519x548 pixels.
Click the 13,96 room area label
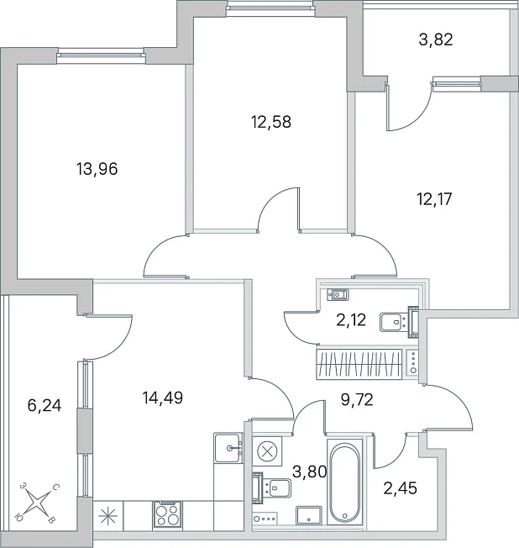[x=97, y=169]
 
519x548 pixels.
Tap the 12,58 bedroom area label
[x=271, y=123]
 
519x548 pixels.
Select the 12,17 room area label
[x=434, y=199]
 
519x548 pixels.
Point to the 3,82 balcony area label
[x=436, y=40]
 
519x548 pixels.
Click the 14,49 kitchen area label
[x=163, y=398]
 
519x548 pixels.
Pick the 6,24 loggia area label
[x=45, y=406]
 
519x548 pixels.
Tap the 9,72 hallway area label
[x=357, y=399]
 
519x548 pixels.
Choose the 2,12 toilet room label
[x=351, y=319]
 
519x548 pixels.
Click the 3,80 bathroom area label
[x=309, y=472]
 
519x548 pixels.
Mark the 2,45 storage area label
[x=401, y=488]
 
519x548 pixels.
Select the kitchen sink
[x=228, y=448]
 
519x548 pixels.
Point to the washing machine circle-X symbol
[x=267, y=451]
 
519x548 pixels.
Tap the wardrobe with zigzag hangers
[x=359, y=365]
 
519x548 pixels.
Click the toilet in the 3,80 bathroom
[x=271, y=487]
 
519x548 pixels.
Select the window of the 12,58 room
[x=270, y=8]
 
